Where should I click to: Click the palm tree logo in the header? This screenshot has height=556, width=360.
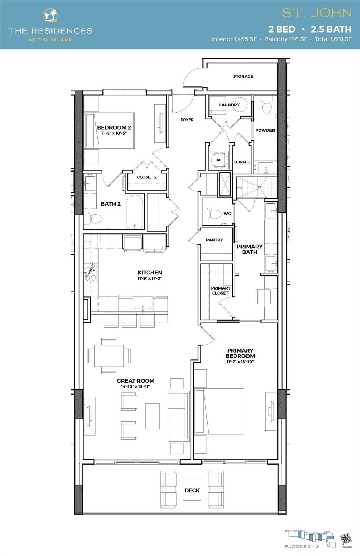(x=50, y=16)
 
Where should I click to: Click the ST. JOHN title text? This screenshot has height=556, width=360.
(x=317, y=13)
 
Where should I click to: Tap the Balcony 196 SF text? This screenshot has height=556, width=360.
(x=285, y=39)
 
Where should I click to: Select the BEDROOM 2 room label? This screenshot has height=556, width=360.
(x=114, y=127)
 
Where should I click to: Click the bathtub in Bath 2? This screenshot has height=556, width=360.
(x=135, y=212)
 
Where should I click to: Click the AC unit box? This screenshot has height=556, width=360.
(x=219, y=160)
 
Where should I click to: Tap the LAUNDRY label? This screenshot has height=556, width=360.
(x=229, y=105)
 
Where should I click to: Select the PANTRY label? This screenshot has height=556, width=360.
(x=214, y=240)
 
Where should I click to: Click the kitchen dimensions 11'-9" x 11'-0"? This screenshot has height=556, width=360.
(x=150, y=279)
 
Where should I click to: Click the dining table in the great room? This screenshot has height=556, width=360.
(x=109, y=355)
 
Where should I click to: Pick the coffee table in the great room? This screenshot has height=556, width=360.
(x=152, y=416)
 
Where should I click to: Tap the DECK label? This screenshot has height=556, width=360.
(x=192, y=490)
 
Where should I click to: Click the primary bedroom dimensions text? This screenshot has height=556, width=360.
(x=240, y=362)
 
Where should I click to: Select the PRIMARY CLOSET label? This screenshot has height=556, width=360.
(x=221, y=291)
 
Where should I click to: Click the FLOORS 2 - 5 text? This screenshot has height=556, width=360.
(x=302, y=546)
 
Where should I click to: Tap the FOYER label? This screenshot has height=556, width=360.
(x=187, y=120)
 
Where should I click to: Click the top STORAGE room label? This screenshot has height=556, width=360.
(x=243, y=76)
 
